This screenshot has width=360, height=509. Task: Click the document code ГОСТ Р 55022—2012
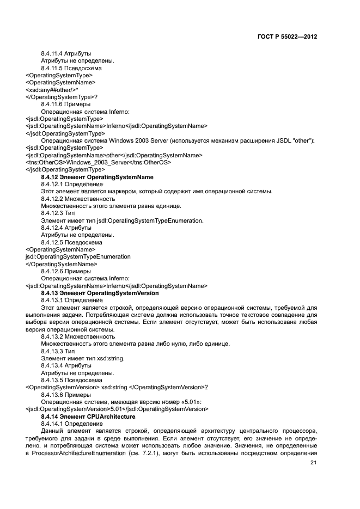[286, 37]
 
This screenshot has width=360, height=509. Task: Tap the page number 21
[313, 463]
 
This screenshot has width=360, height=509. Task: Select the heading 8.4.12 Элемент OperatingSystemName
[97, 177]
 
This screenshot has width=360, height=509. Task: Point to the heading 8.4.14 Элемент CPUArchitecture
[88, 416]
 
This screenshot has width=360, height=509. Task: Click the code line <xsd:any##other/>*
[52, 90]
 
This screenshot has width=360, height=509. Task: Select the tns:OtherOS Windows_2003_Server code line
[98, 162]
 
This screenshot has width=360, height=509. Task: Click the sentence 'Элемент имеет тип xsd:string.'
[83, 358]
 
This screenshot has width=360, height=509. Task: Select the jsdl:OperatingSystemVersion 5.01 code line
[117, 409]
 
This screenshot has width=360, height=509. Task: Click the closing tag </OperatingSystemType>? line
[58, 97]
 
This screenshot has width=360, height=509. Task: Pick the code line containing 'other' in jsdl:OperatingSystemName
[114, 155]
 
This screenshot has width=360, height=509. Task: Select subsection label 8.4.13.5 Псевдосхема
[71, 380]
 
